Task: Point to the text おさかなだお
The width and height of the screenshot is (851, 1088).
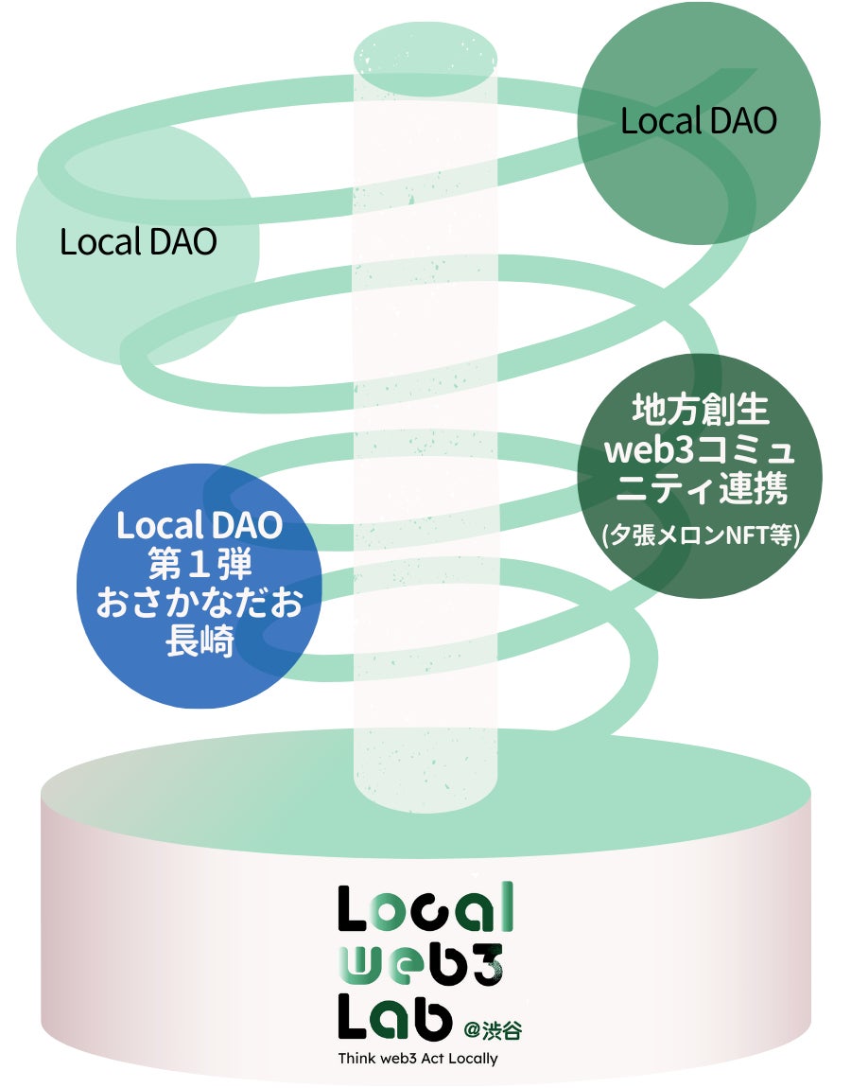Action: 200,603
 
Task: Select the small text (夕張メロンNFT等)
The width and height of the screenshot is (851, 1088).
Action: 701,536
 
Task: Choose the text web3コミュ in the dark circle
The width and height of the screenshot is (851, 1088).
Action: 701,451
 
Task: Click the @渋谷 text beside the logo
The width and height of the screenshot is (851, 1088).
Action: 491,1027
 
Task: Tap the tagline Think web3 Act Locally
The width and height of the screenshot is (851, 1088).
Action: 417,1058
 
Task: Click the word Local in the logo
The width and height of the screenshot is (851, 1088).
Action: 425,908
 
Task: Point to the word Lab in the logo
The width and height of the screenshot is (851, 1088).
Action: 395,1017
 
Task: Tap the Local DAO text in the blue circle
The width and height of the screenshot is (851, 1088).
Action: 200,525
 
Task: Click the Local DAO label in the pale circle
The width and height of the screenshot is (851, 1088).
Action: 138,241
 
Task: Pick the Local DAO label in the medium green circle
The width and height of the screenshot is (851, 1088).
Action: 698,121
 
